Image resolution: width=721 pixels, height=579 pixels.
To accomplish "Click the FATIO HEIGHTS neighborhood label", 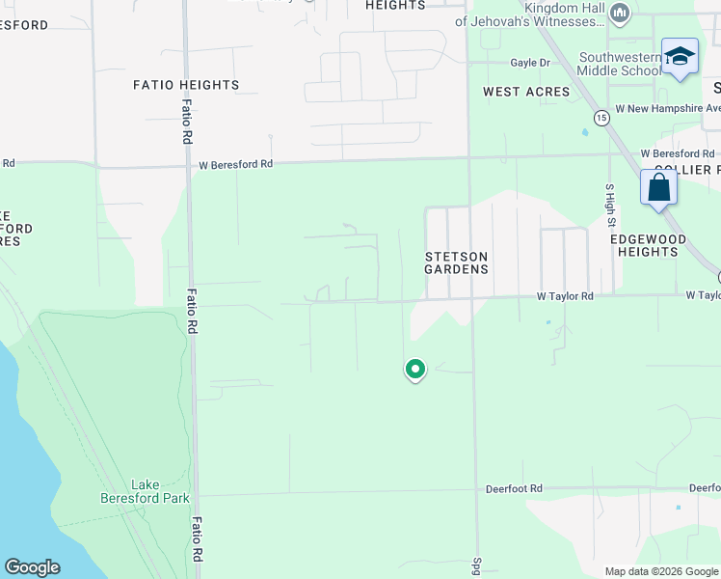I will pos(186,85).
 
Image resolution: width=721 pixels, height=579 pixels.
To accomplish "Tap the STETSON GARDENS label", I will pos(457,262).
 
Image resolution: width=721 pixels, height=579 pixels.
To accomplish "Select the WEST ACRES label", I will pos(526,92).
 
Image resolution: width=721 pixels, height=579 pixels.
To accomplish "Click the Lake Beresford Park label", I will pos(146,491).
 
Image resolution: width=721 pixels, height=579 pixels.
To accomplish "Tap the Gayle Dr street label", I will pos(529,63).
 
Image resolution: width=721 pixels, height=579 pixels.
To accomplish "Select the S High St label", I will pos(610,206).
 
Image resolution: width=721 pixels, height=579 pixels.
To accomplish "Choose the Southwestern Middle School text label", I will pos(621,64).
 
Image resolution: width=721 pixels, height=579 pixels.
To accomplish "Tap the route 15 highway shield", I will pos(601,118).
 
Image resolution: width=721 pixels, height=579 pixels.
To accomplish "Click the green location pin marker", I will pos(415,370).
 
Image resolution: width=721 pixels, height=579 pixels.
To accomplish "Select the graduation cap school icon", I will pos(680,55).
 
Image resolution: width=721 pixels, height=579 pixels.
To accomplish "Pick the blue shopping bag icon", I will pos(659,187).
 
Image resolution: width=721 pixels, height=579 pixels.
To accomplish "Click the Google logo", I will pos(32,567).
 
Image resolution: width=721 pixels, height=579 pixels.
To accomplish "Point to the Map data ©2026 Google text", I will pos(660,571).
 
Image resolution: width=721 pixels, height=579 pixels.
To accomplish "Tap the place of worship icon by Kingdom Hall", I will pos(619,13).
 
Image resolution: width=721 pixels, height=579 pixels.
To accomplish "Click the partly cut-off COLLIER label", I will pos(686,170).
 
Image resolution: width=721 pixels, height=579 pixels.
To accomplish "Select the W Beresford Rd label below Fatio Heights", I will pos(236,164).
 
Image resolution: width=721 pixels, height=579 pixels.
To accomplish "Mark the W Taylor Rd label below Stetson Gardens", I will pos(565,296).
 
